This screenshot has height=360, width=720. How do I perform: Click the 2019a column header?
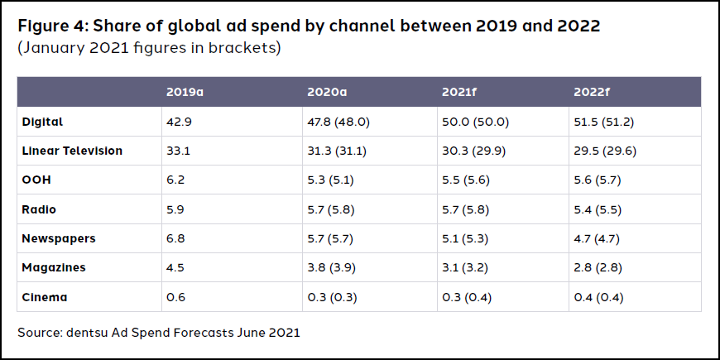pos(185,92)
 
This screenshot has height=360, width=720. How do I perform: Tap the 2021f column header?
pos(459,92)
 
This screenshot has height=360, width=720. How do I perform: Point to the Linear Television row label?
pos(74,151)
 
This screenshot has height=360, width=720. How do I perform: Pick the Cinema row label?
pos(46,297)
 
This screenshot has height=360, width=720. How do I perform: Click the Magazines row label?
pos(55,267)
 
